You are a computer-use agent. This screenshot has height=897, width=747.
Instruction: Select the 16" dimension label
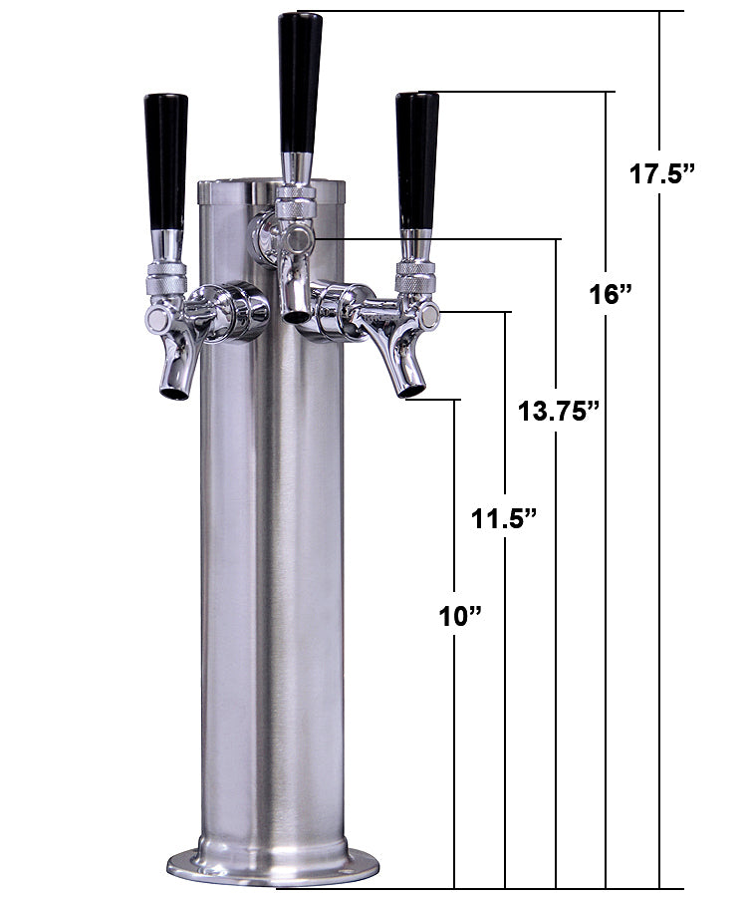click(x=611, y=295)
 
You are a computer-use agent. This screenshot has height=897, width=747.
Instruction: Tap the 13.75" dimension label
click(x=558, y=410)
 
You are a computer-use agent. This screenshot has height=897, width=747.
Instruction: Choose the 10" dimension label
click(x=459, y=617)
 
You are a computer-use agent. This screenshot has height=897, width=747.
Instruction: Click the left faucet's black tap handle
click(x=165, y=159)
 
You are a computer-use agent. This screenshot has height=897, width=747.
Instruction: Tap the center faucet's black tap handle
click(x=300, y=80)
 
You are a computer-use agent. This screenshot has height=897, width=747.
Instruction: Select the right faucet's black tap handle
click(x=416, y=159)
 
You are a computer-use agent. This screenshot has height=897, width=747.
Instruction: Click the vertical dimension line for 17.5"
click(x=659, y=498)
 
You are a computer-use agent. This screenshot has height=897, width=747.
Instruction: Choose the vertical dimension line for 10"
click(x=455, y=757)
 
